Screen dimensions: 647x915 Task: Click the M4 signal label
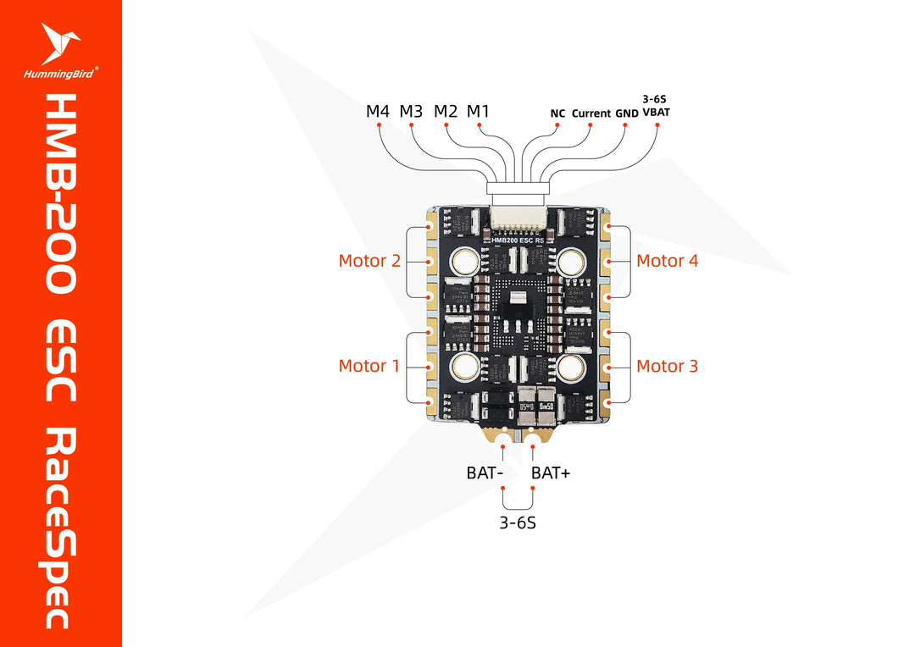coord(378,111)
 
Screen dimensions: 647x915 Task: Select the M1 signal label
coord(478,111)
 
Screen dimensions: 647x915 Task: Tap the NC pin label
coord(557,113)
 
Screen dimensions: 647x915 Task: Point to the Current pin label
coord(591,113)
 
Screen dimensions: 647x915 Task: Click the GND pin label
coord(626,113)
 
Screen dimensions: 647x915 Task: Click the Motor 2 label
coord(369,261)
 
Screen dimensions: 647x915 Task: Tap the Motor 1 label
coord(369,366)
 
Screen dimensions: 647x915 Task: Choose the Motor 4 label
coord(667,261)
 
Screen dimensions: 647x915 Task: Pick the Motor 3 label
coord(667,366)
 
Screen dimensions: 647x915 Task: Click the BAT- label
coord(485,473)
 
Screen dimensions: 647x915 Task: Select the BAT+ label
coord(551,473)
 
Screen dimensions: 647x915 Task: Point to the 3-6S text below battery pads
coord(517,523)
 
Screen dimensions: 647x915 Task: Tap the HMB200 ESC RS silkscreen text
coord(518,241)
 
